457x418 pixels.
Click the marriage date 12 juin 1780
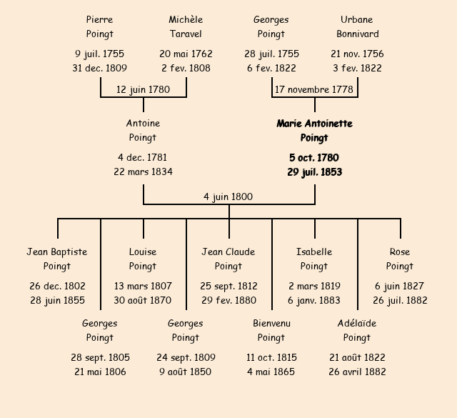pyautogui.click(x=143, y=89)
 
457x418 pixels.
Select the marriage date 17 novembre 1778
pyautogui.click(x=314, y=89)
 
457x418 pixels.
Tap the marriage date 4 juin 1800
pyautogui.click(x=228, y=197)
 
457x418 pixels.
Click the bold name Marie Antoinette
pyautogui.click(x=315, y=124)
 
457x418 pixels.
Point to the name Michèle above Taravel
pyautogui.click(x=186, y=19)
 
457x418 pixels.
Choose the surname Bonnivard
pyautogui.click(x=358, y=34)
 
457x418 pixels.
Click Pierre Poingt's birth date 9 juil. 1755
pyautogui.click(x=100, y=54)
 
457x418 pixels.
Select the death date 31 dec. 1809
pyautogui.click(x=100, y=69)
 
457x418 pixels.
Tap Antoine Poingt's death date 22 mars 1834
pyautogui.click(x=143, y=171)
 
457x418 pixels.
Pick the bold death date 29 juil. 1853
pyautogui.click(x=315, y=172)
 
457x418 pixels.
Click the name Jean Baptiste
pyautogui.click(x=57, y=252)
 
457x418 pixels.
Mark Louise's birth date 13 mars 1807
pyautogui.click(x=143, y=286)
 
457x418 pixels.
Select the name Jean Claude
pyautogui.click(x=228, y=252)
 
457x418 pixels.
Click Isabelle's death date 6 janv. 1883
pyautogui.click(x=314, y=300)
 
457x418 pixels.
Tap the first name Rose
pyautogui.click(x=400, y=252)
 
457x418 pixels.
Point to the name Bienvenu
pyautogui.click(x=271, y=323)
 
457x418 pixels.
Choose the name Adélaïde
pyautogui.click(x=357, y=323)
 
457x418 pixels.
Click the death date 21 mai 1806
pyautogui.click(x=100, y=372)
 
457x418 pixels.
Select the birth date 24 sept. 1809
pyautogui.click(x=186, y=357)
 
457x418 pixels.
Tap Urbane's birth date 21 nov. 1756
pyautogui.click(x=357, y=54)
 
